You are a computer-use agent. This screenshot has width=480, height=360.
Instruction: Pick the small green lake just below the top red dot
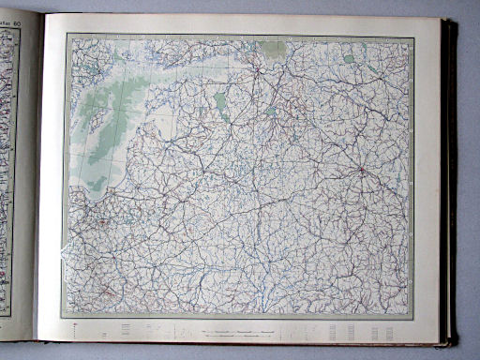tap(270, 111)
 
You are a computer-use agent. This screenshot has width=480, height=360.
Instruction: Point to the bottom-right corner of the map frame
tap(413, 316)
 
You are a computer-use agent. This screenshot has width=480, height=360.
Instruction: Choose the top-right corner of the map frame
tap(413, 36)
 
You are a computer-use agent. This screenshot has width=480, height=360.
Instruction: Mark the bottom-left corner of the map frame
tap(63, 316)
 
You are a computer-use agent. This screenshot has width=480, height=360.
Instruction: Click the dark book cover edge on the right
tap(452, 178)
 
